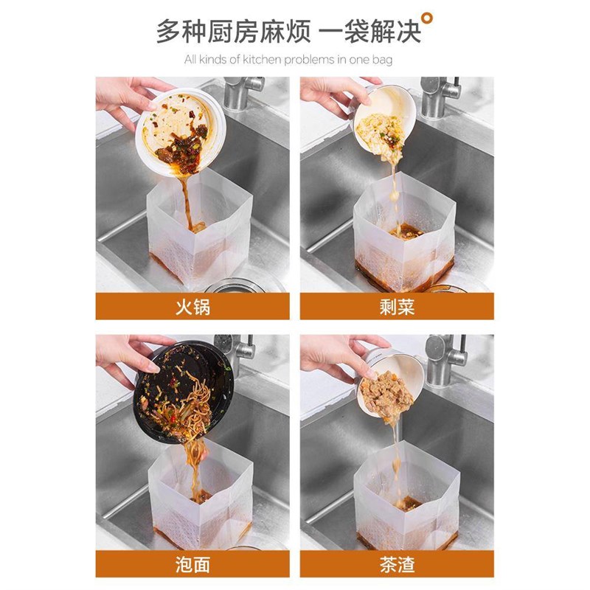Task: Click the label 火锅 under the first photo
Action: click(x=192, y=306)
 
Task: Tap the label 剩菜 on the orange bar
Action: click(x=397, y=306)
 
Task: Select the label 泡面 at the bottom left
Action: click(x=192, y=564)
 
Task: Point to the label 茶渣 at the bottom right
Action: click(x=397, y=564)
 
